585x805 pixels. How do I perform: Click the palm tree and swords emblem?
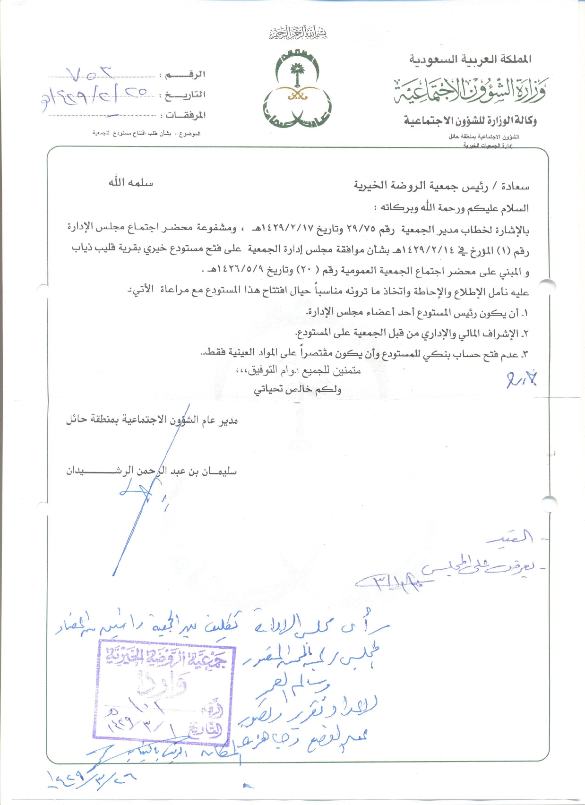pyautogui.click(x=297, y=90)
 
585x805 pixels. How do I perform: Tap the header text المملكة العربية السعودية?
pyautogui.click(x=470, y=59)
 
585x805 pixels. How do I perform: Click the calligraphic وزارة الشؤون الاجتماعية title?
pyautogui.click(x=470, y=89)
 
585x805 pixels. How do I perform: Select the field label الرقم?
pyautogui.click(x=185, y=75)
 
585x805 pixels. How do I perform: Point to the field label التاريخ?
pyautogui.click(x=185, y=95)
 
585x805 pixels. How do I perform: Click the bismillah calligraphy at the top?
pyautogui.click(x=298, y=33)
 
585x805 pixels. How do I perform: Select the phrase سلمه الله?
pyautogui.click(x=131, y=182)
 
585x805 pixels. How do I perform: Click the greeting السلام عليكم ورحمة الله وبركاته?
pyautogui.click(x=451, y=208)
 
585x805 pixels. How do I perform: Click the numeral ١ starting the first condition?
pyautogui.click(x=526, y=313)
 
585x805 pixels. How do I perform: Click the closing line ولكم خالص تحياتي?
pyautogui.click(x=298, y=390)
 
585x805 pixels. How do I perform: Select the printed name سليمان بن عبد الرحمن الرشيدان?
pyautogui.click(x=151, y=471)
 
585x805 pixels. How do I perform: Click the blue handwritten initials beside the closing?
pyautogui.click(x=521, y=379)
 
